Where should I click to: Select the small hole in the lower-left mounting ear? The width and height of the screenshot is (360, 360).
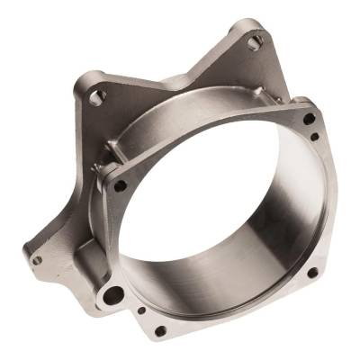point(37,260)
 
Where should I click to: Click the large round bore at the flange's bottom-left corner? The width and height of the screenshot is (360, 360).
point(114,292)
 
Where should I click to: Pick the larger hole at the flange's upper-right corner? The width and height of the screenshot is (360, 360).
point(309,119)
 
